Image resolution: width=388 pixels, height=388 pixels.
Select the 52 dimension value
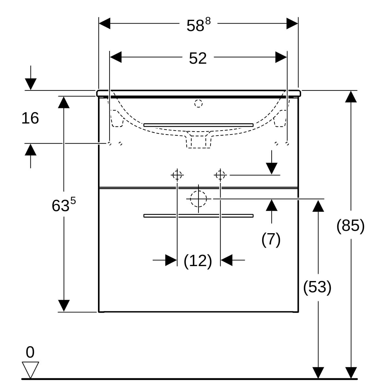pyautogui.click(x=198, y=59)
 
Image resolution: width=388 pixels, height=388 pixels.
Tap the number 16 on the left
pyautogui.click(x=30, y=118)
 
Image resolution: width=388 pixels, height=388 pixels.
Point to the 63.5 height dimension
pyautogui.click(x=63, y=205)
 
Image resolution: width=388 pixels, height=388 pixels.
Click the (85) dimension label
pyautogui.click(x=350, y=225)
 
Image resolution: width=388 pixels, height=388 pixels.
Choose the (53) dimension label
pyautogui.click(x=317, y=287)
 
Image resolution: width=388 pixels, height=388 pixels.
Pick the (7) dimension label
pyautogui.click(x=271, y=239)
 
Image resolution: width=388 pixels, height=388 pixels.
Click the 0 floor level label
pyautogui.click(x=30, y=352)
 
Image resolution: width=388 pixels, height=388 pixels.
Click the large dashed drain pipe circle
pyautogui.click(x=198, y=199)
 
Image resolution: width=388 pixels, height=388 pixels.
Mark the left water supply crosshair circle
pyautogui.click(x=177, y=175)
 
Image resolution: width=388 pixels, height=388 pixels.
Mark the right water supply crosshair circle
pyautogui.click(x=220, y=175)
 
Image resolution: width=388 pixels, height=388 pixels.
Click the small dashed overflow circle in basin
pyautogui.click(x=198, y=104)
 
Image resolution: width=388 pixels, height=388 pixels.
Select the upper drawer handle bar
pyautogui.click(x=198, y=125)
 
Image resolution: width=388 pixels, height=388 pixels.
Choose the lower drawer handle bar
pyautogui.click(x=198, y=216)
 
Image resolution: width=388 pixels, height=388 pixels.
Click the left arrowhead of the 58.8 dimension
pyautogui.click(x=104, y=24)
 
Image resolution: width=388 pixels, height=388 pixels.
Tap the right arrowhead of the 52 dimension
pyautogui.click(x=281, y=57)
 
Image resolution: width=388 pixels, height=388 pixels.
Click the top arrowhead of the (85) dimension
pyautogui.click(x=351, y=96)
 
